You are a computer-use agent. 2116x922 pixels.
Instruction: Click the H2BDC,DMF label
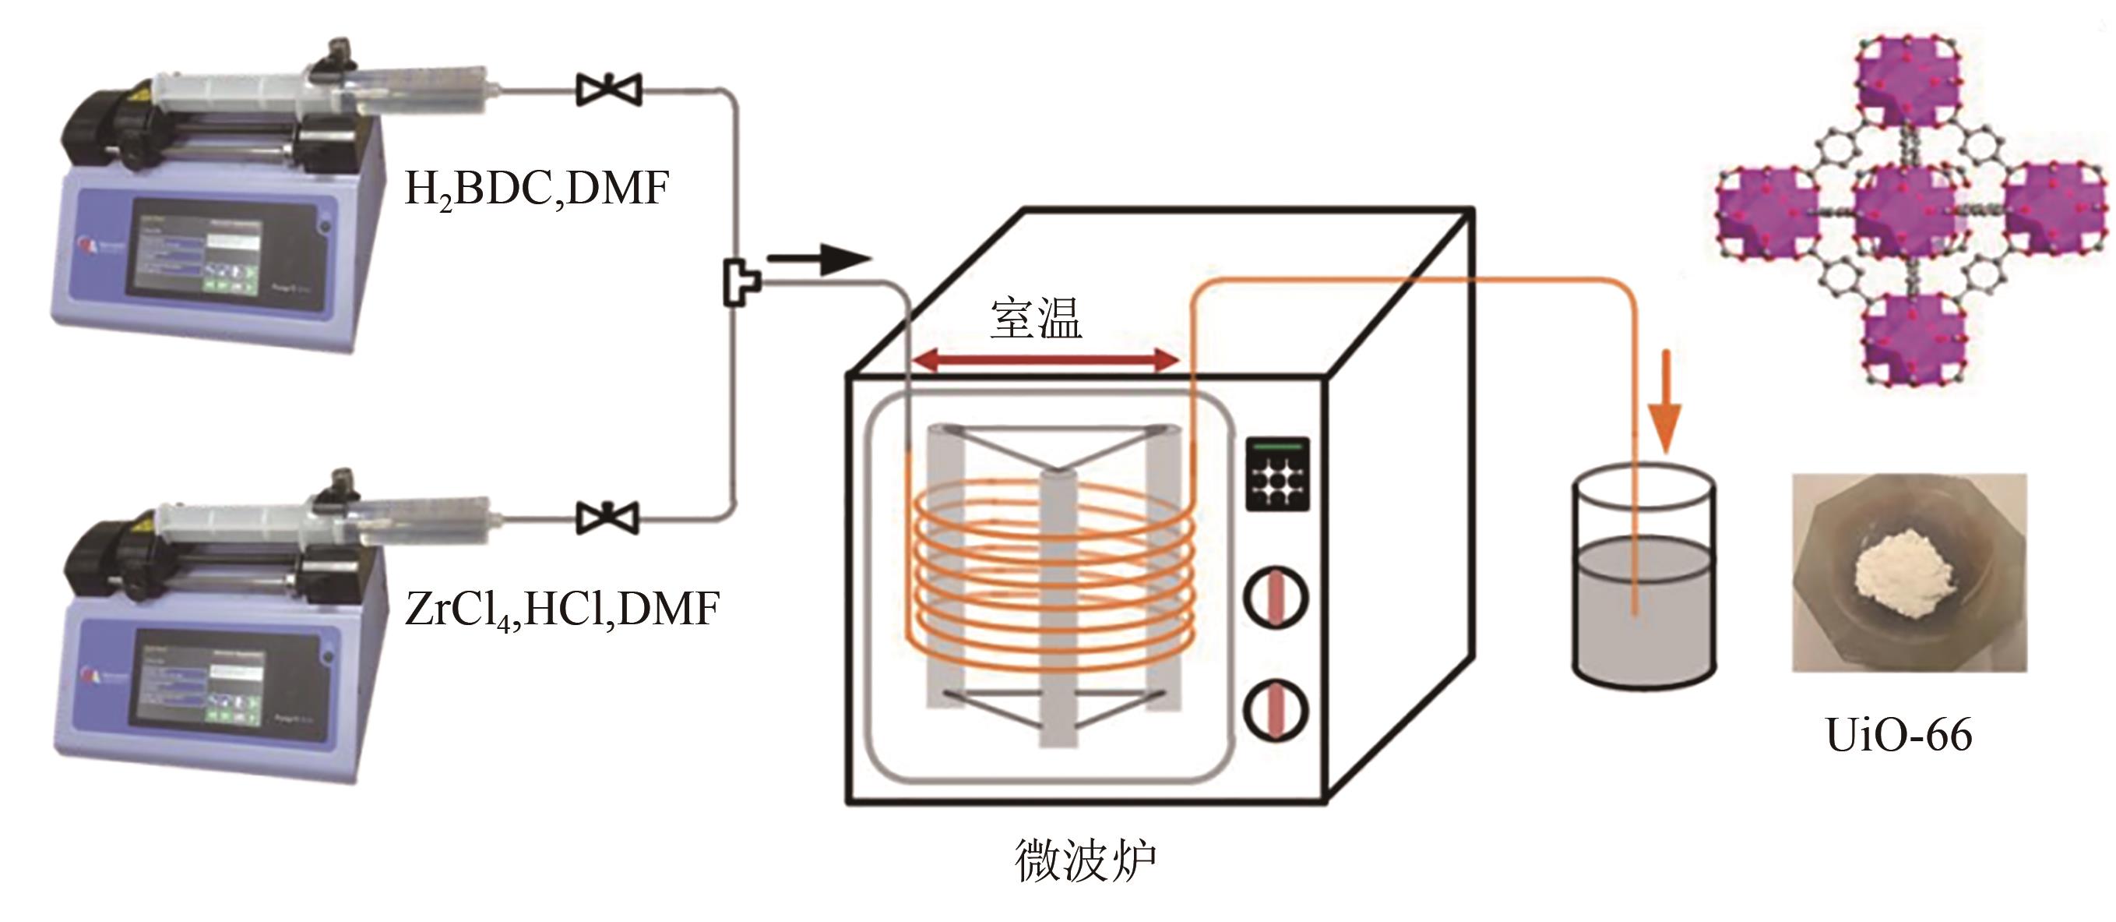(537, 190)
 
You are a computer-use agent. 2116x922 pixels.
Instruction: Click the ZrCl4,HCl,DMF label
(562, 610)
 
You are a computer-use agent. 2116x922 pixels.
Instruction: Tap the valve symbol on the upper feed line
(609, 90)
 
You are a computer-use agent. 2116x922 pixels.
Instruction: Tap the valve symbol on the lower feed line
(608, 518)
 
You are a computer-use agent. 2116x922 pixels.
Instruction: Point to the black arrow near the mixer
(819, 259)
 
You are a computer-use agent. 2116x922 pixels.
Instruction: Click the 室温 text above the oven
(1036, 319)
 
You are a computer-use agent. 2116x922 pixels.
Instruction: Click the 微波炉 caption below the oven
(1085, 860)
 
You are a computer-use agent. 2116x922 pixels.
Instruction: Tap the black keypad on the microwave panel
(1277, 474)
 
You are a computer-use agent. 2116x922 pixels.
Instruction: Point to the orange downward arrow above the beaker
(1667, 403)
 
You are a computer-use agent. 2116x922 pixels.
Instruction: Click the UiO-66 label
(1898, 735)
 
